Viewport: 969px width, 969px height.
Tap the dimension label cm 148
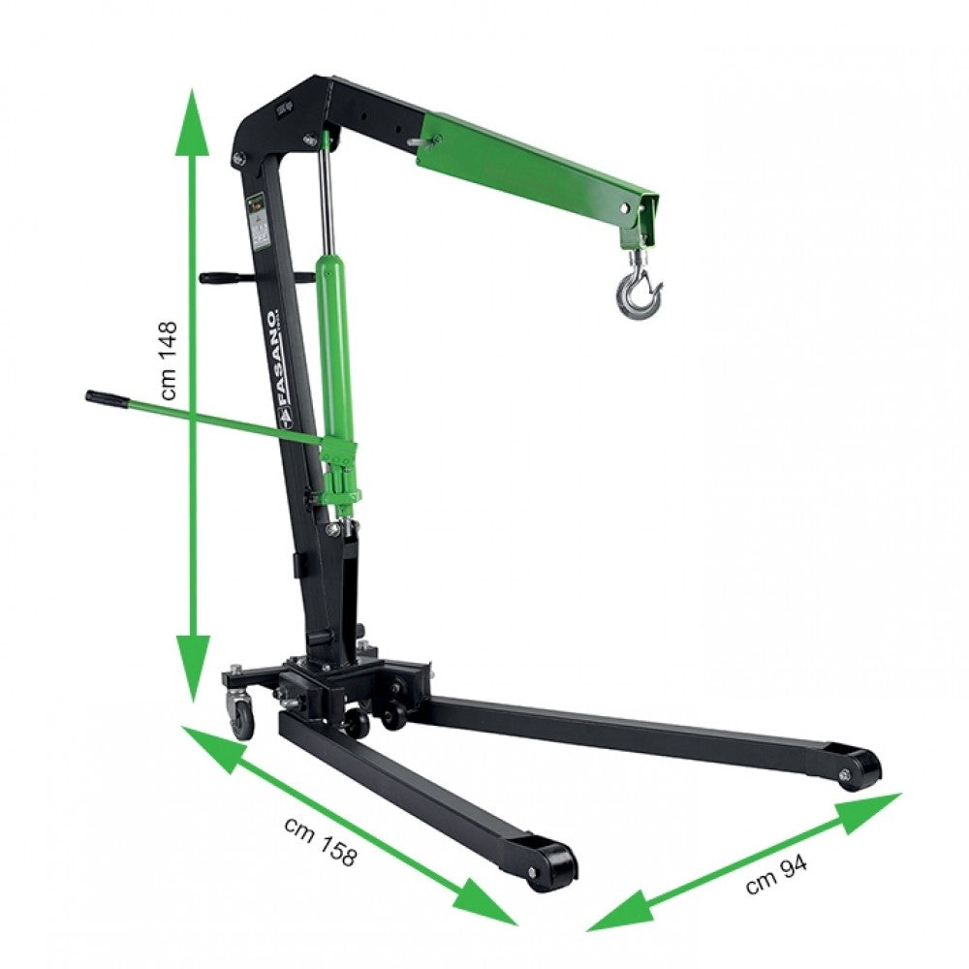(x=171, y=360)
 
